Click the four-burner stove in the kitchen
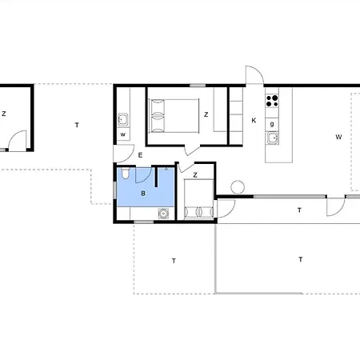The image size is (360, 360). [x=272, y=101]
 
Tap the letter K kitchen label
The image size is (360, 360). [x=254, y=121]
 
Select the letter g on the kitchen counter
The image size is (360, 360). [x=272, y=124]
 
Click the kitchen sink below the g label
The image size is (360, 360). [x=272, y=138]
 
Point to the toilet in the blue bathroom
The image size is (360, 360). [x=125, y=173]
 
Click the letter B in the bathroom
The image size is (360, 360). [x=143, y=194]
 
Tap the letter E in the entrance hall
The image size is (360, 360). [x=140, y=155]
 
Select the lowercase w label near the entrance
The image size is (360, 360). [x=123, y=134]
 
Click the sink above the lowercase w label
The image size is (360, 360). [x=123, y=119]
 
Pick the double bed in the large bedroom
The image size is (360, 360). [x=174, y=116]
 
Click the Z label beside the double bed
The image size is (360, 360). [x=206, y=114]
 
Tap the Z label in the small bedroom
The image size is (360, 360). [x=195, y=175]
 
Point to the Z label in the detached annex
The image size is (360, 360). [x=4, y=114]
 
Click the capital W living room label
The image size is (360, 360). [x=338, y=137]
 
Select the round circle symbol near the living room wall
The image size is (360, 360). [x=238, y=187]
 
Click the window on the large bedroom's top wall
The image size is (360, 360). [x=198, y=86]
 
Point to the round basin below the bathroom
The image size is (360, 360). [x=163, y=214]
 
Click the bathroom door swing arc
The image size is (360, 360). [x=147, y=178]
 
